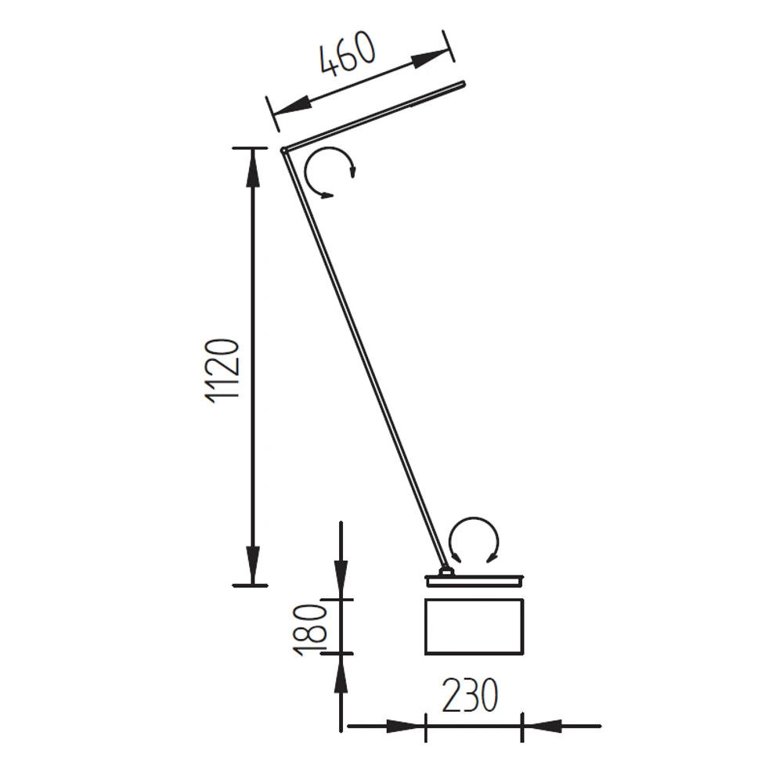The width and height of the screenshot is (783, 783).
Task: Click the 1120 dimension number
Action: point(222,370)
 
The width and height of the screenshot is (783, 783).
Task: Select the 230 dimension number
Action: point(470,695)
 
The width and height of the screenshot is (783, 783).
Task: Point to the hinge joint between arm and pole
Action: point(283,150)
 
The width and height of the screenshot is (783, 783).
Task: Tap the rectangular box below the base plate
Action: point(473,626)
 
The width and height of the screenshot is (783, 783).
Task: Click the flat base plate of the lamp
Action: point(473,581)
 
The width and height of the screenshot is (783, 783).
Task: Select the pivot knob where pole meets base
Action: point(446,572)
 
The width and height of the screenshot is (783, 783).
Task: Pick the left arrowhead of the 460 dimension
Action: point(289,108)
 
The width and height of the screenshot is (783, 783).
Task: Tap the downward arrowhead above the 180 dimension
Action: point(341,580)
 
